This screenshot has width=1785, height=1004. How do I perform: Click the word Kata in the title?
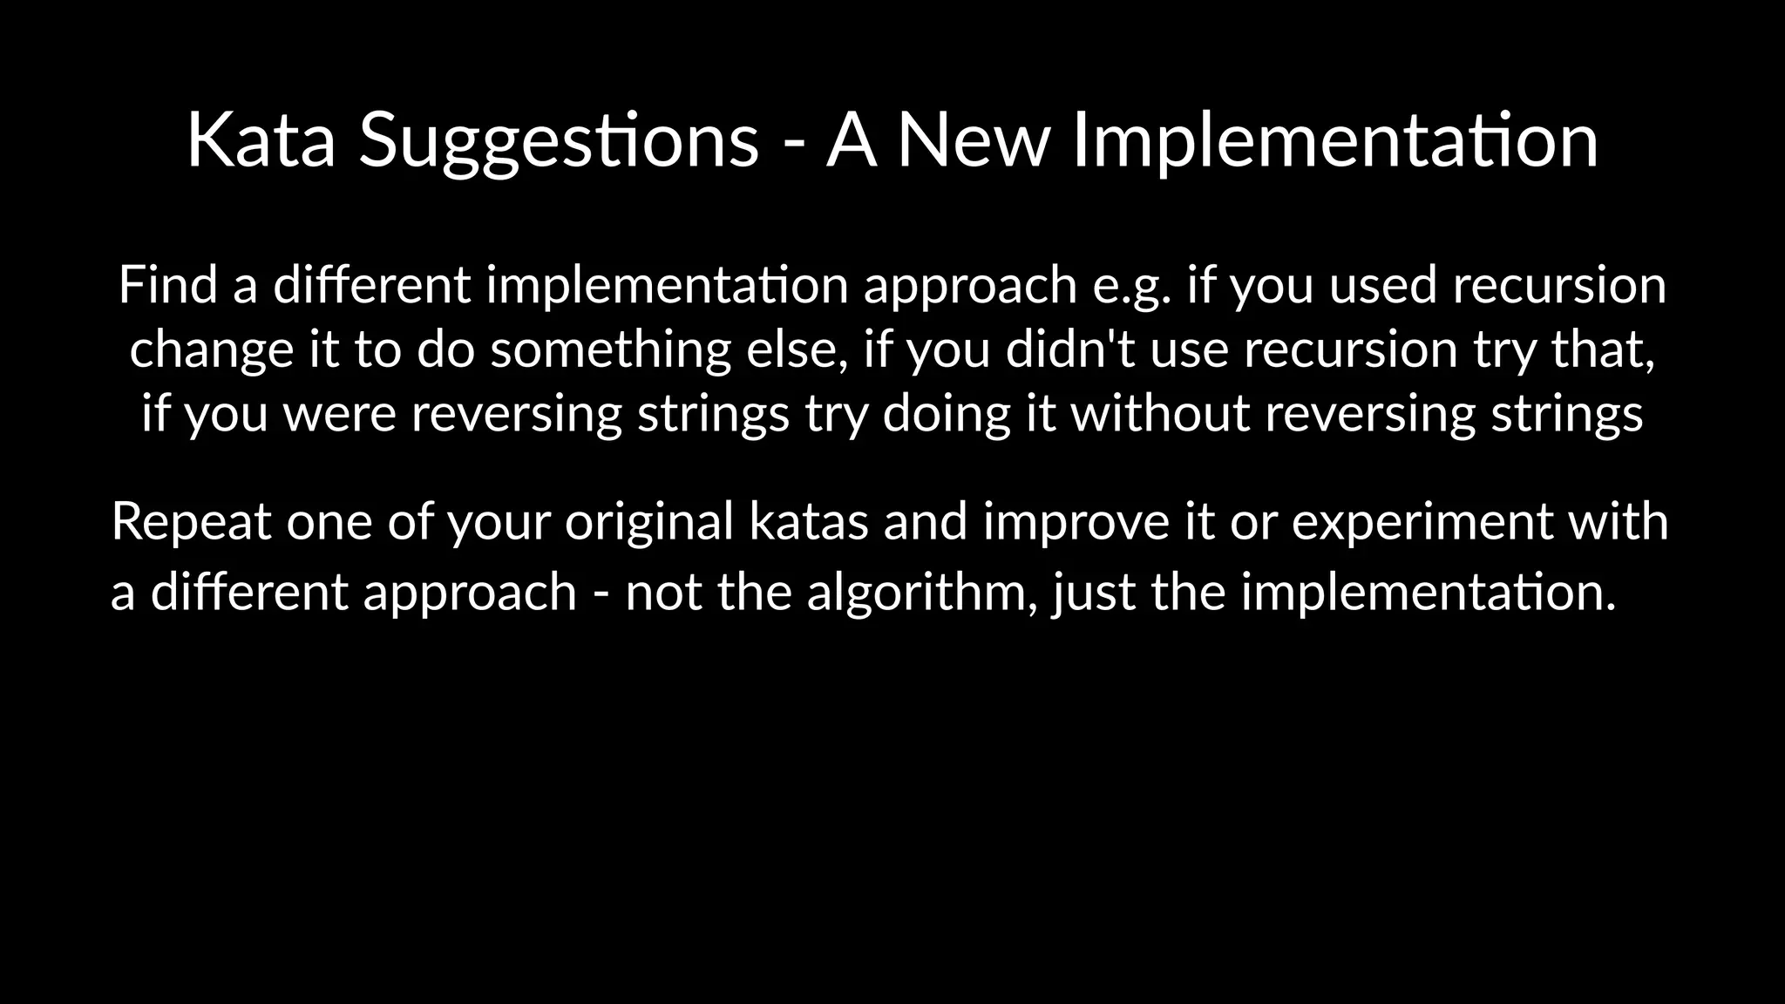pos(261,139)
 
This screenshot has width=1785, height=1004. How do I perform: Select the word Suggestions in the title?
pos(559,141)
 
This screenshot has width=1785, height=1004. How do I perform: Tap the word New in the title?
pos(974,139)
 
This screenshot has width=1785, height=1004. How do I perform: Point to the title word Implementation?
pos(1335,141)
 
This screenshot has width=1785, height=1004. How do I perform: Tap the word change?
pos(212,350)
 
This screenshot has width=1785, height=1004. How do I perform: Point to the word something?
pos(611,350)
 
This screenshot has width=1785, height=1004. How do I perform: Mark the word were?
pos(340,413)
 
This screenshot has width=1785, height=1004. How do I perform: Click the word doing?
pos(947,415)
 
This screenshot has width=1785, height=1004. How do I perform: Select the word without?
pos(1161,413)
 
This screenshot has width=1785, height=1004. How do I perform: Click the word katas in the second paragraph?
pos(808,521)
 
